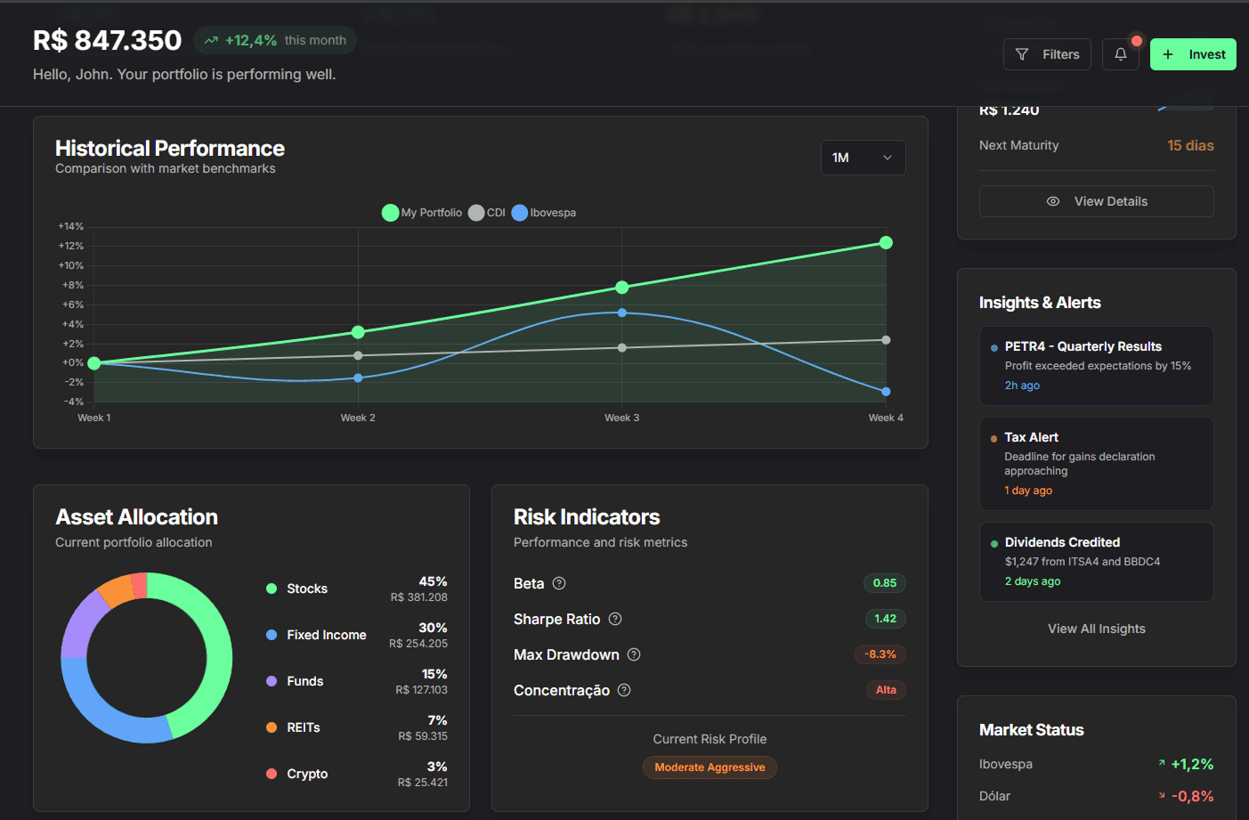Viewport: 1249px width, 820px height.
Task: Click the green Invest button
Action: [1193, 54]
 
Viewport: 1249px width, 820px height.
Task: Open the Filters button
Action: [1047, 54]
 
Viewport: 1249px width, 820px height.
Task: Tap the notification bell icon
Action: [1121, 54]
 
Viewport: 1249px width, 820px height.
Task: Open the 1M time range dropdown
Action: [863, 158]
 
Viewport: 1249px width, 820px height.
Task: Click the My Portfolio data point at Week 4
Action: [886, 243]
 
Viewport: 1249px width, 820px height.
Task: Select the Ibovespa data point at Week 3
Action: [622, 313]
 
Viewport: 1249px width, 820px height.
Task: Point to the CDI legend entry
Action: [487, 213]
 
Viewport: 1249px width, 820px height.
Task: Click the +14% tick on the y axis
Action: [71, 226]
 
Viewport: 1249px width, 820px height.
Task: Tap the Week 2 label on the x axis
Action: [358, 418]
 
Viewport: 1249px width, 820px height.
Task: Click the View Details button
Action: [1096, 201]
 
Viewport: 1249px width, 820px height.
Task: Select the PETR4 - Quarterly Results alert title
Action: [1083, 346]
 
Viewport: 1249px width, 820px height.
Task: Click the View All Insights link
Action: [1096, 629]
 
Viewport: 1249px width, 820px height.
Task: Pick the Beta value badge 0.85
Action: [884, 583]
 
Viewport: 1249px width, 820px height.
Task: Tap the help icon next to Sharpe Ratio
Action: [615, 619]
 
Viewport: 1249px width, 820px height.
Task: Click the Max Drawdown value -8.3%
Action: [880, 654]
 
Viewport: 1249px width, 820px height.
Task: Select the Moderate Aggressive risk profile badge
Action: [710, 767]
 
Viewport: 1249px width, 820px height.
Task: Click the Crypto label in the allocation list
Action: [307, 774]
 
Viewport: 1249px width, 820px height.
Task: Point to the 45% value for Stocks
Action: [433, 581]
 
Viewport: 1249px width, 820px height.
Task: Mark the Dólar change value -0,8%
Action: [1192, 796]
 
